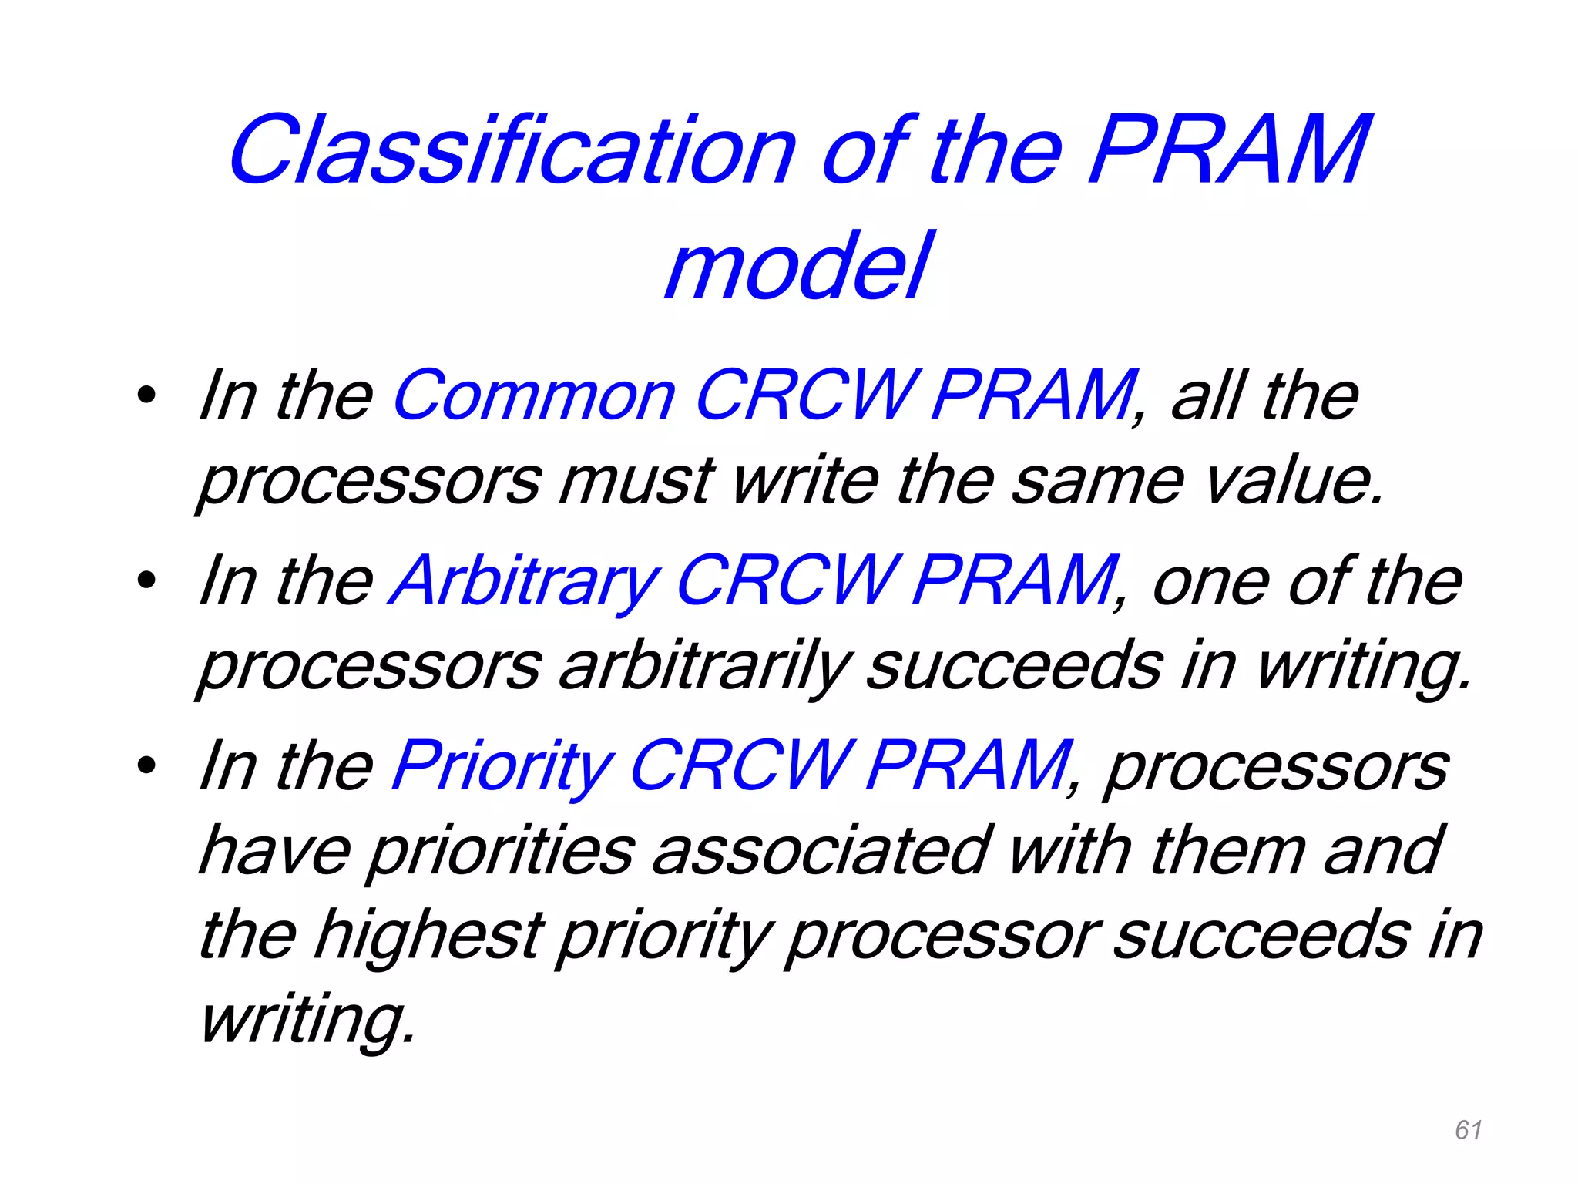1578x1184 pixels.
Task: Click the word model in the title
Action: [x=798, y=267]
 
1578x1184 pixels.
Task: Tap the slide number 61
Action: [x=1469, y=1130]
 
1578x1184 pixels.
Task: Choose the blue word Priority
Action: [x=502, y=765]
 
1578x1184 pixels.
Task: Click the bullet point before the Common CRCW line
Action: [x=146, y=396]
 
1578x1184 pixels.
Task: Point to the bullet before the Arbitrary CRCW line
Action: [x=146, y=582]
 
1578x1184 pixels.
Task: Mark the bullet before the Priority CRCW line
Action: [x=146, y=767]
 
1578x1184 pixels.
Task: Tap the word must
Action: [x=637, y=480]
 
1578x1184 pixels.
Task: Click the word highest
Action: [x=428, y=934]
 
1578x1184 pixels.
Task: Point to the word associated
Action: [x=819, y=850]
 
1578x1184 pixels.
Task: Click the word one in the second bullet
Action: [x=1208, y=582]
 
